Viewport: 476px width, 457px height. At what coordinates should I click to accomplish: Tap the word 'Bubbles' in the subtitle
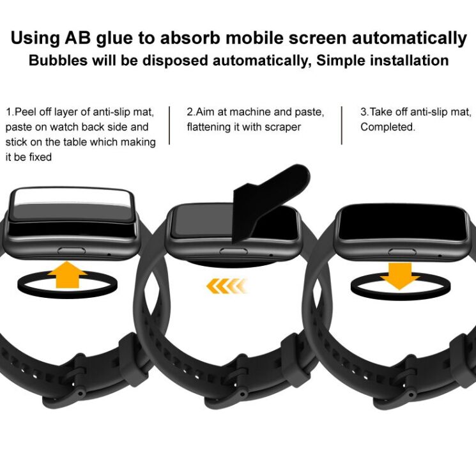(58, 60)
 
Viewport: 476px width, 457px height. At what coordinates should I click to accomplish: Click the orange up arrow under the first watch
(67, 275)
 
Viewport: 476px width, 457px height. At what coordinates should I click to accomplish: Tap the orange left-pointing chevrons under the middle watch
(226, 286)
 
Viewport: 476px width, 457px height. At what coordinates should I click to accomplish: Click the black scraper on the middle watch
(267, 201)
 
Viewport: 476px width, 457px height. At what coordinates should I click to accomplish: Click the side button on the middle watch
(233, 251)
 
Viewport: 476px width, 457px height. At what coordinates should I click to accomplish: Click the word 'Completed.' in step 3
(388, 127)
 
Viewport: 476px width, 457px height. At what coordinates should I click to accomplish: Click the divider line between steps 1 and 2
(169, 125)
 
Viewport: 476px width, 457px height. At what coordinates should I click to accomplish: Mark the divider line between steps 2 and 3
(342, 125)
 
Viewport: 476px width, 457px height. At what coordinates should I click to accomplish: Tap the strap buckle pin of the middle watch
(243, 394)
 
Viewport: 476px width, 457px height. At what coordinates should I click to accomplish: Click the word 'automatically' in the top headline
(409, 38)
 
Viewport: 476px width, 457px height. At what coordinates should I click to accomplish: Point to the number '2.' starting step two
(191, 112)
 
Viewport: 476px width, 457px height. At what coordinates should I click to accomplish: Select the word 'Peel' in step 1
(26, 112)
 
